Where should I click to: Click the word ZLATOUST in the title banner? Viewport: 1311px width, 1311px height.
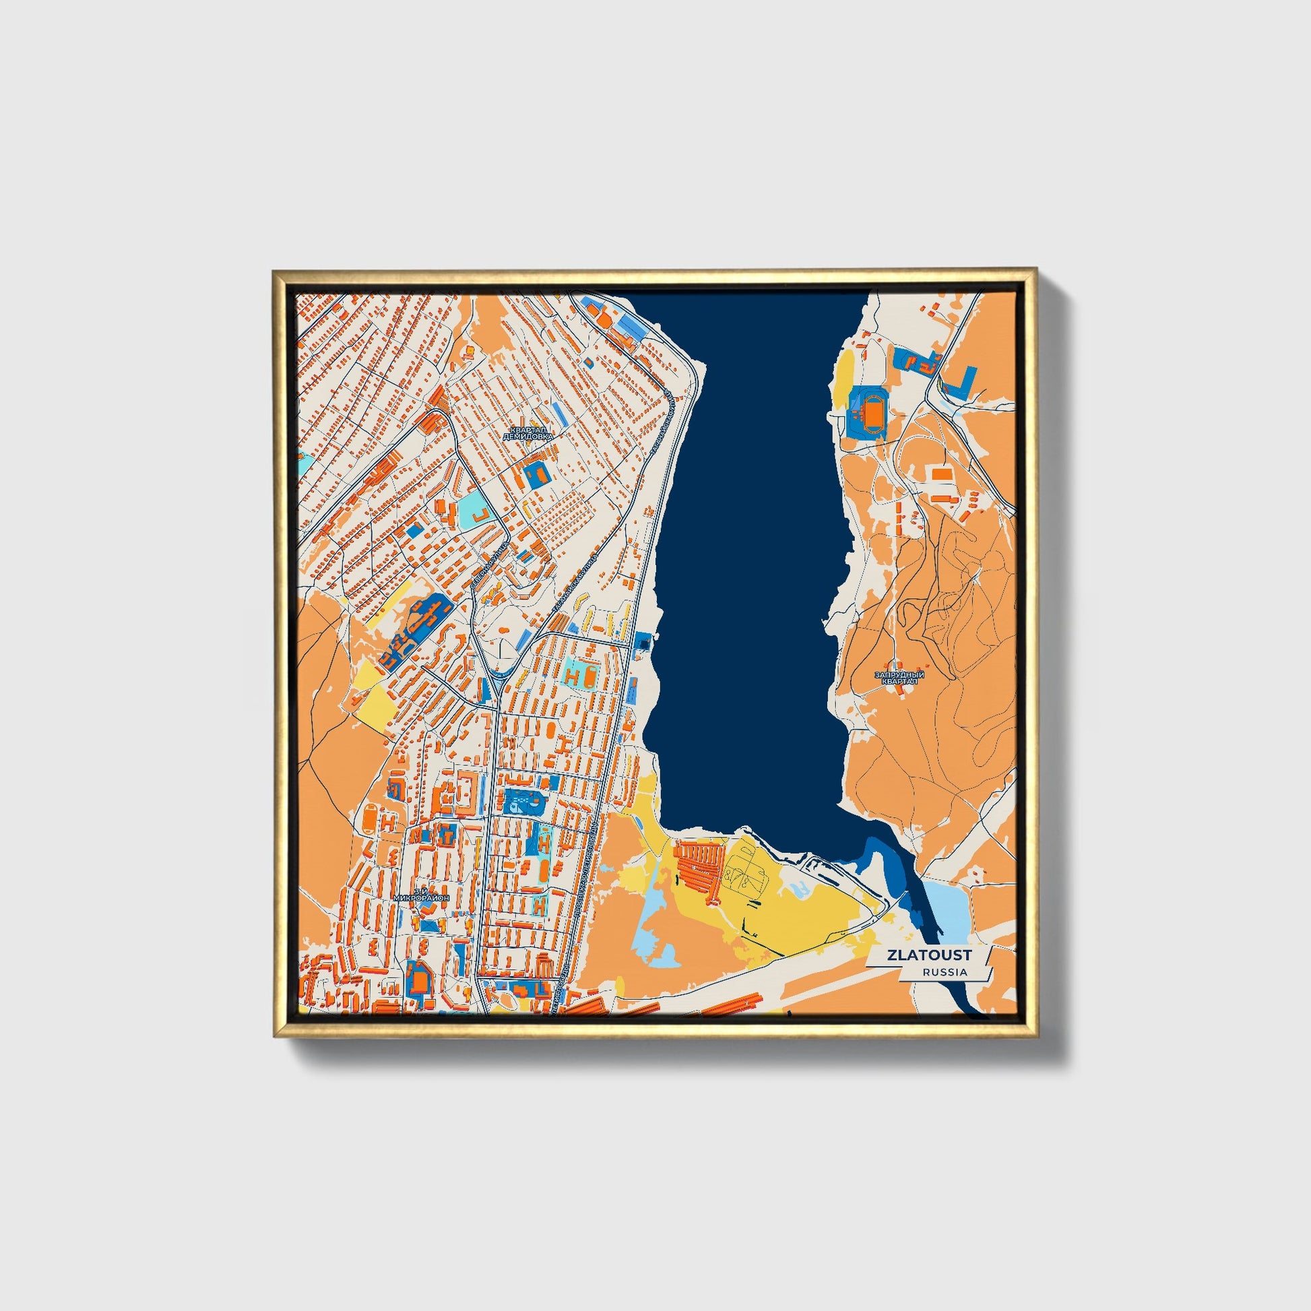coord(928,955)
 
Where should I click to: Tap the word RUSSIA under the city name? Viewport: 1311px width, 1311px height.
coord(945,972)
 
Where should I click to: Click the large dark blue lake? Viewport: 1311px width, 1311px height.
coord(746,543)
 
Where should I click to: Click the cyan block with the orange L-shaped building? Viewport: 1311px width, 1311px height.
coord(476,513)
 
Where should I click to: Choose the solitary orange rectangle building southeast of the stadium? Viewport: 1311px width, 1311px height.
coord(940,474)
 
